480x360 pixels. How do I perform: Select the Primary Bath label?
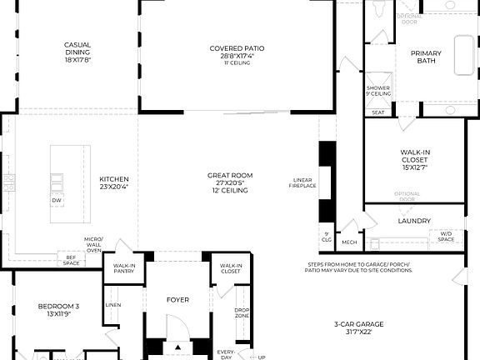[x=426, y=57]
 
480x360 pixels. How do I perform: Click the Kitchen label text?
[x=114, y=178]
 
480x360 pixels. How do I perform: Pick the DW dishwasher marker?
[x=57, y=201]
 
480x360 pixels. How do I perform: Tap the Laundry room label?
[x=414, y=221]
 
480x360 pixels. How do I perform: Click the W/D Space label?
[x=447, y=237]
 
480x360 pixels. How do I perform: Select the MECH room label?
[x=349, y=242]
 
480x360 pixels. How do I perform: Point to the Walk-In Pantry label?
[x=124, y=268]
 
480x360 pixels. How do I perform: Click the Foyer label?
[x=178, y=299]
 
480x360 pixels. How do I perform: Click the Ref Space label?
[x=72, y=260]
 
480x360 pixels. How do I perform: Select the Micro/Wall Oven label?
[x=93, y=245]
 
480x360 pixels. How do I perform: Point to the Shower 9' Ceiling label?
[x=378, y=91]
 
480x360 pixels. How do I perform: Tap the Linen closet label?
[x=113, y=304]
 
